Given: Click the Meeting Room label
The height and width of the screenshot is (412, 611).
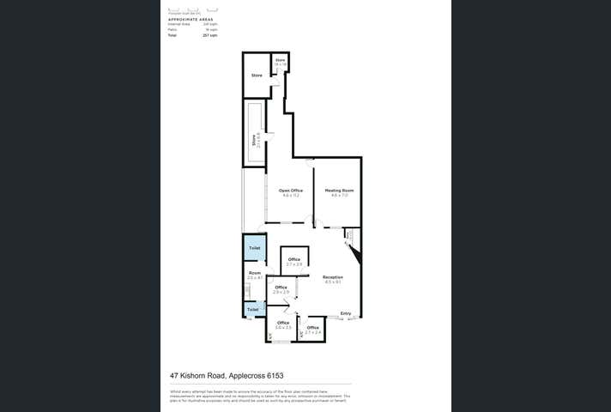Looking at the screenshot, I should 335,191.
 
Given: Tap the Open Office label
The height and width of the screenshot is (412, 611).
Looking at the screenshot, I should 290,191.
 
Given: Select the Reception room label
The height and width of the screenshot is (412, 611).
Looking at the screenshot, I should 333,277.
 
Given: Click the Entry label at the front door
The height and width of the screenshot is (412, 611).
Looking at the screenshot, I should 346,313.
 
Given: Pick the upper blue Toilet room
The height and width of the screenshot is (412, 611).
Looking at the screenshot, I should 254,248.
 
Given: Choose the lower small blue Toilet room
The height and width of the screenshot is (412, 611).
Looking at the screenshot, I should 252,309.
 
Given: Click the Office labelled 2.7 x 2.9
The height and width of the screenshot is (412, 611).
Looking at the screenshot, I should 294,260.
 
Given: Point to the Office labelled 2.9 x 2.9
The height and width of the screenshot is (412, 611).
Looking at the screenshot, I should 280,288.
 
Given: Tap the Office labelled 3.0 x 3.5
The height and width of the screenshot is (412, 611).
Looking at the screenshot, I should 283,324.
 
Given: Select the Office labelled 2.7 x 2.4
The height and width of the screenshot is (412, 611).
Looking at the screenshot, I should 312,328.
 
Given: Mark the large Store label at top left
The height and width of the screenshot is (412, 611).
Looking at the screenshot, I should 257,76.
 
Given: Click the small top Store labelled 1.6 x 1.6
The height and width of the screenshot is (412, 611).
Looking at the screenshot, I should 280,62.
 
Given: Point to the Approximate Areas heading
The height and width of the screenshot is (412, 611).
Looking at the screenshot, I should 191,18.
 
